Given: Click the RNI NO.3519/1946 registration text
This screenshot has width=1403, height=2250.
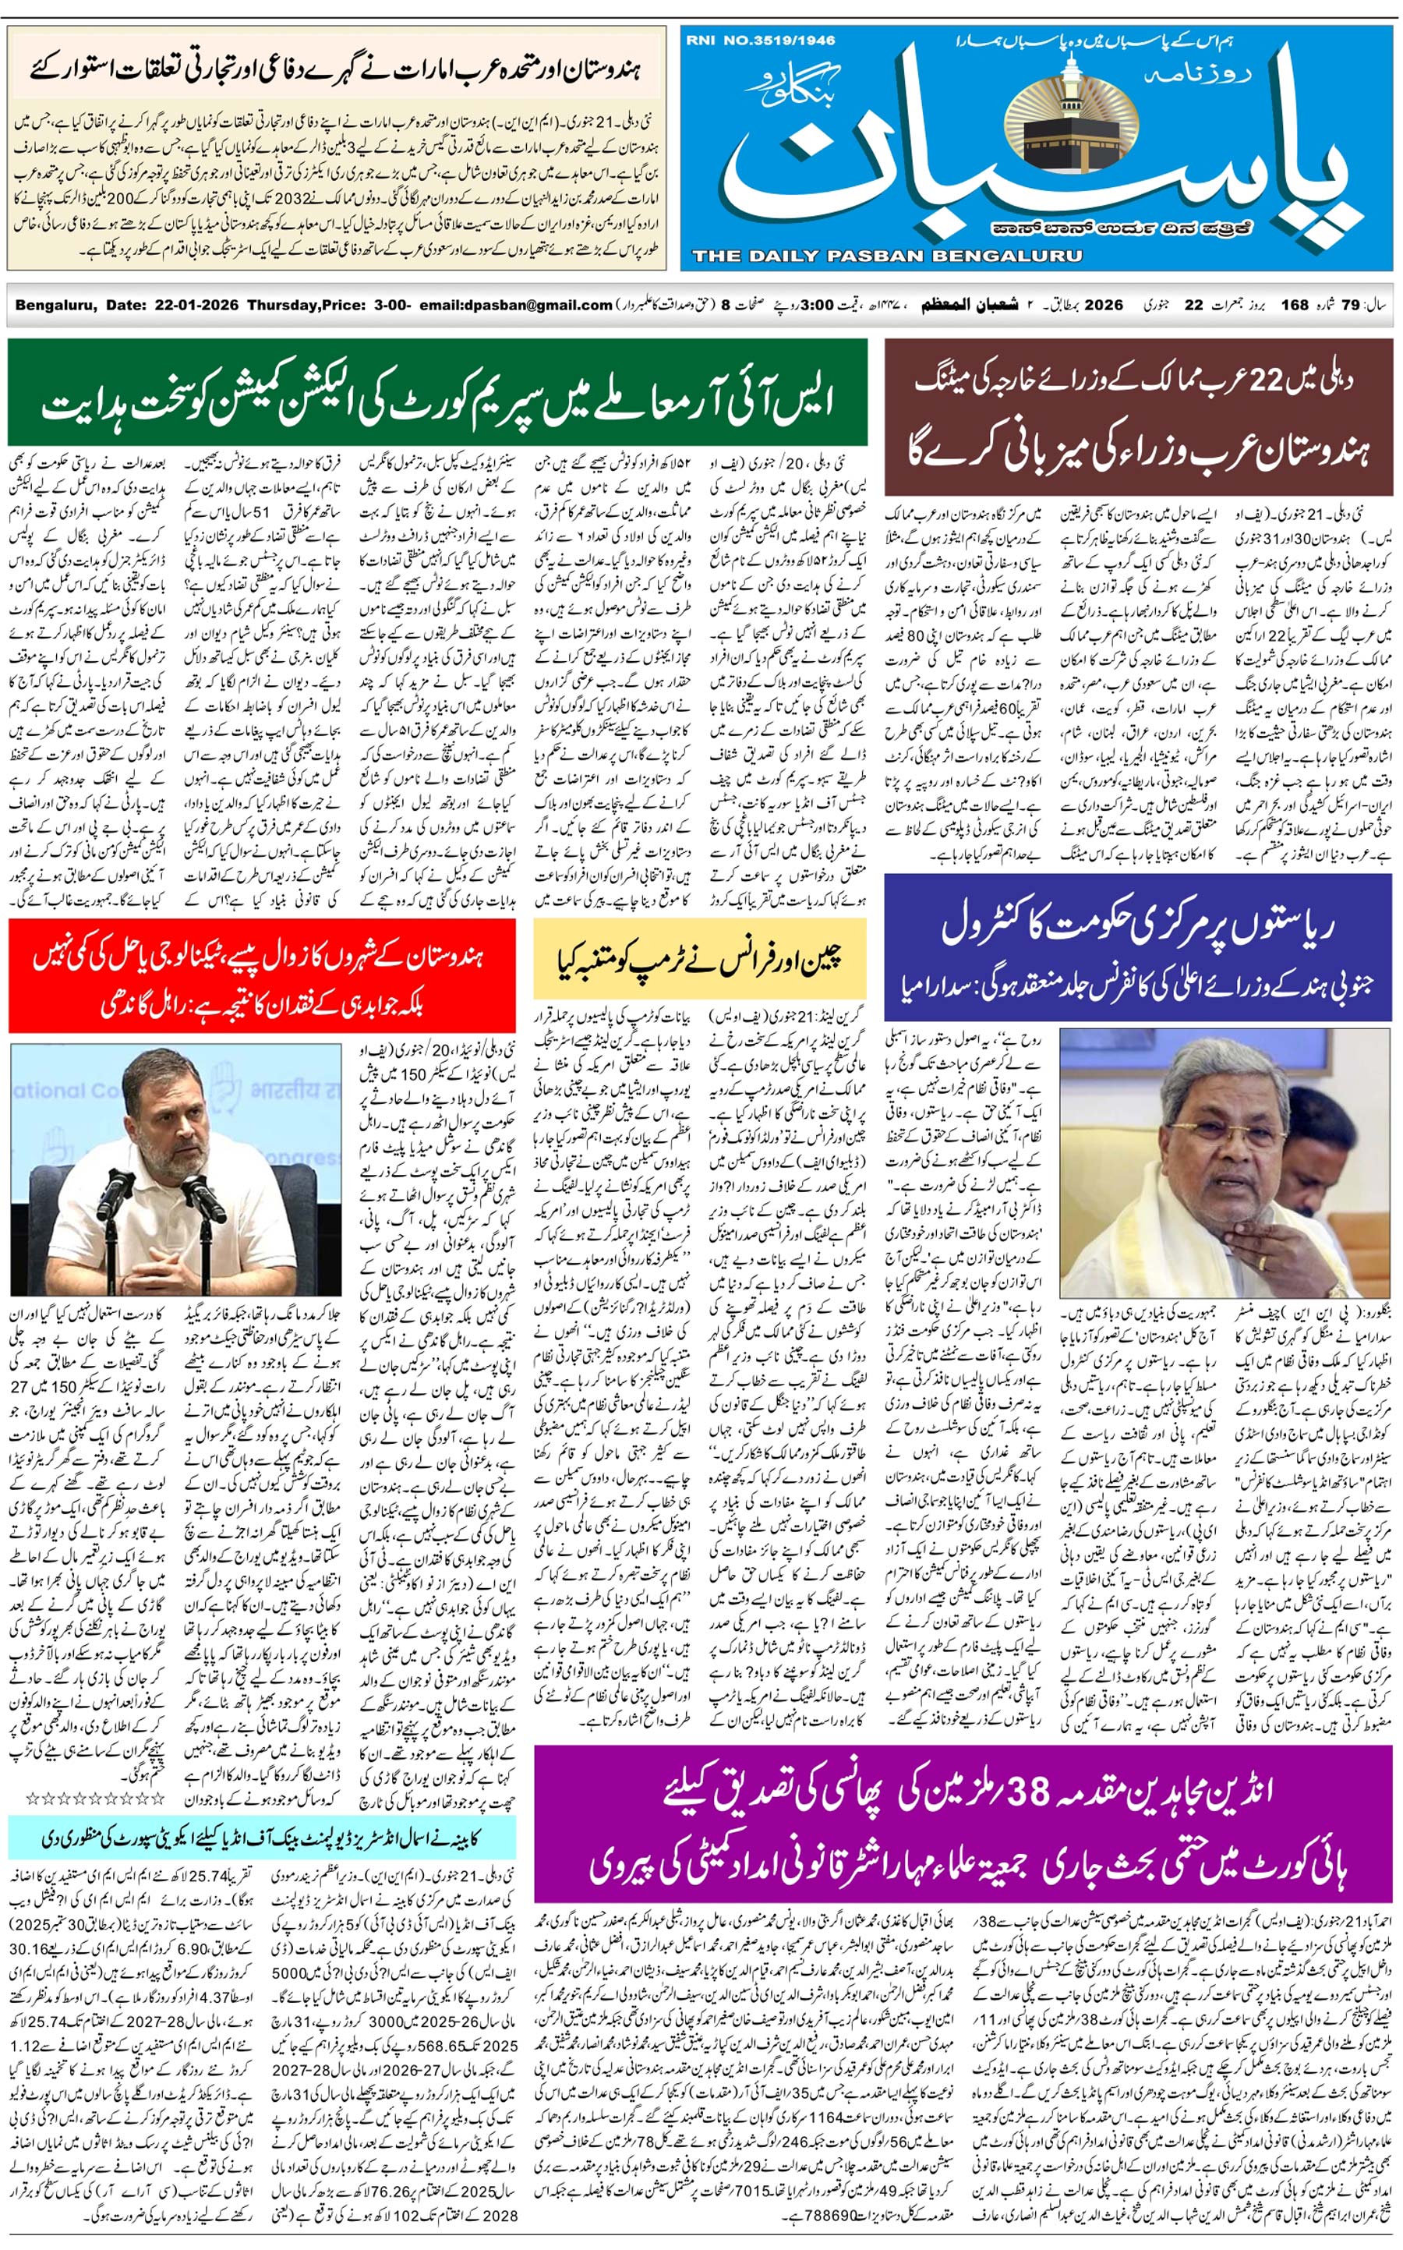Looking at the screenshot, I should coord(760,40).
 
